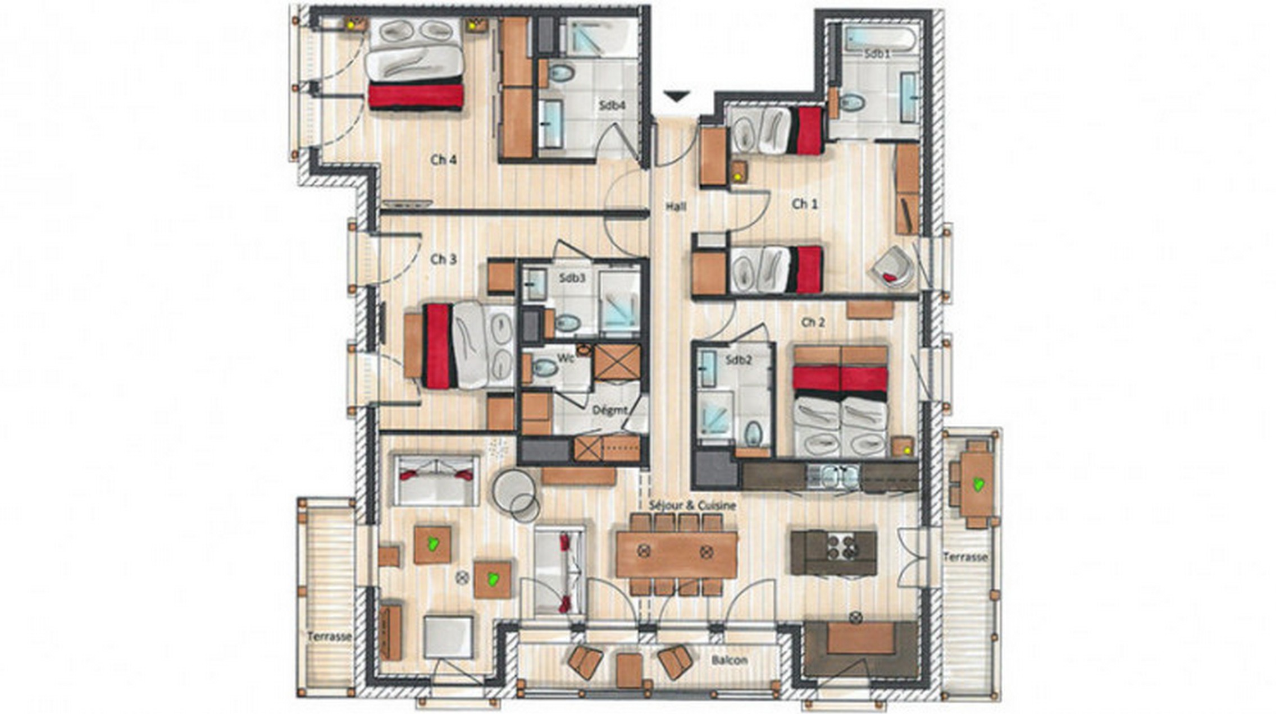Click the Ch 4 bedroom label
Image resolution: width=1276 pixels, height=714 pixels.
point(443,160)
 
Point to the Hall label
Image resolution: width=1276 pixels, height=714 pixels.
point(676,207)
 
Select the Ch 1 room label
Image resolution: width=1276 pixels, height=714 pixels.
point(805,204)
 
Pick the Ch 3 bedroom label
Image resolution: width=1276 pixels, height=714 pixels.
point(443,259)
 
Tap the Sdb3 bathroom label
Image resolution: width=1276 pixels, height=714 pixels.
point(572,278)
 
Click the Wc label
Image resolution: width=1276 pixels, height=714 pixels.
point(564,358)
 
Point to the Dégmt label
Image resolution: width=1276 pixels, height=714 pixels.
point(609,410)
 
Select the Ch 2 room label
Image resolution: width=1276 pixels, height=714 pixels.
point(813,322)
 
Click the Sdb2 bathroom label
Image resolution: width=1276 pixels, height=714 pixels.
point(737,360)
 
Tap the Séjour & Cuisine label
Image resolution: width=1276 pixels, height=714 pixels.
point(692,505)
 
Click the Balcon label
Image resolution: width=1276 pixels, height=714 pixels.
point(729,660)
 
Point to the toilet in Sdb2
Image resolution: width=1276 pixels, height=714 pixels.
point(753,434)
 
